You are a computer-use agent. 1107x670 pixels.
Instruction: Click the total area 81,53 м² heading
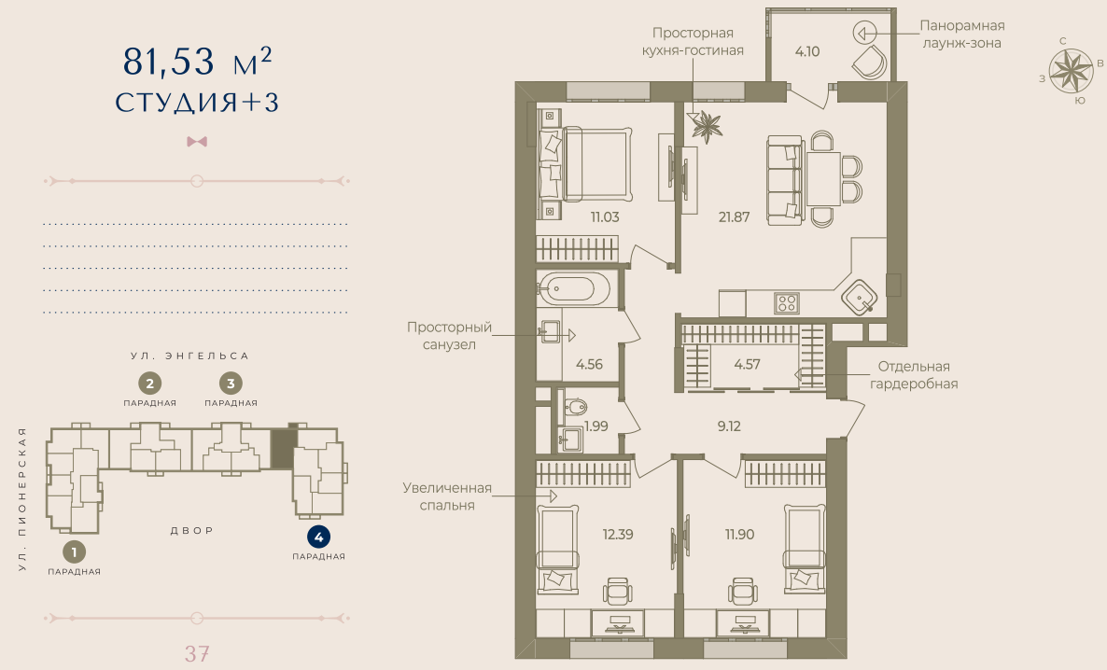pos(197,63)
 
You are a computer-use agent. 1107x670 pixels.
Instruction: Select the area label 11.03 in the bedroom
pos(605,216)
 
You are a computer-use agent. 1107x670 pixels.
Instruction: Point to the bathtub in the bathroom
pos(574,287)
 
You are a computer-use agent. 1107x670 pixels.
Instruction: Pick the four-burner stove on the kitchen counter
pos(786,302)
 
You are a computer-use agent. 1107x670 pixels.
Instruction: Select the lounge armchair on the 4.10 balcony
pos(870,63)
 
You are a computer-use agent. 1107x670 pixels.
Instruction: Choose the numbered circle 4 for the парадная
pos(318,537)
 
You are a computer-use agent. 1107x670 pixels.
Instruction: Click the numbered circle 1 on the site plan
pos(74,551)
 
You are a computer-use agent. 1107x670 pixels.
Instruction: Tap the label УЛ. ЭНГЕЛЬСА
pos(189,356)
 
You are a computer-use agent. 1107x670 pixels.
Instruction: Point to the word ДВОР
pos(192,530)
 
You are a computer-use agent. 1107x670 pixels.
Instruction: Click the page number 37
pos(196,653)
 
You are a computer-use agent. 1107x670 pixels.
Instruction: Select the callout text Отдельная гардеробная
pos(914,374)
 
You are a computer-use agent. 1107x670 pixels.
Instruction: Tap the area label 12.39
pos(618,535)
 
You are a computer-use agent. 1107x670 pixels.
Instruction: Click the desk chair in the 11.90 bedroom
pos(742,591)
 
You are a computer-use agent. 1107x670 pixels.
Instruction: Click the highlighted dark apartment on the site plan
pos(281,449)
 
